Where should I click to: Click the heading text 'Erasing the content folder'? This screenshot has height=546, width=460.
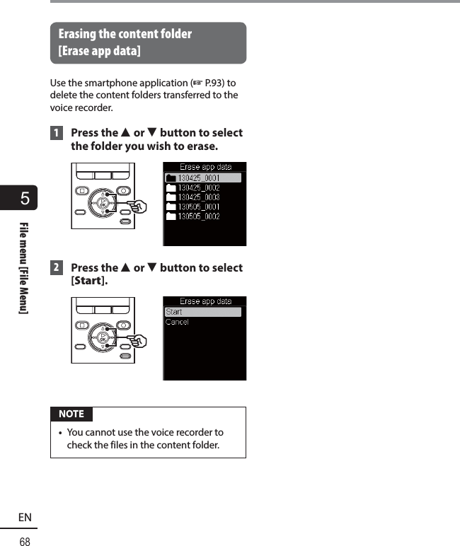point(125,34)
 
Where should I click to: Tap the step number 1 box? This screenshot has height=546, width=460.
point(55,133)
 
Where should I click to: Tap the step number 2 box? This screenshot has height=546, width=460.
point(55,268)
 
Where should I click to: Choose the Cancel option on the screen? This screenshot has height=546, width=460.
point(177,323)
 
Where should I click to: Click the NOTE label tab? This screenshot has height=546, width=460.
point(71,414)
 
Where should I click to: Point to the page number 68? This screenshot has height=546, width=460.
point(25,541)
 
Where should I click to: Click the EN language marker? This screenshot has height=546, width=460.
point(25,518)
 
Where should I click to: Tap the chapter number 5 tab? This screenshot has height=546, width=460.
point(25,198)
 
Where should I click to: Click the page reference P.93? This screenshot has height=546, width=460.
point(214,83)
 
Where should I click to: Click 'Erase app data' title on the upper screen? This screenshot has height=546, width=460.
point(205,168)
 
